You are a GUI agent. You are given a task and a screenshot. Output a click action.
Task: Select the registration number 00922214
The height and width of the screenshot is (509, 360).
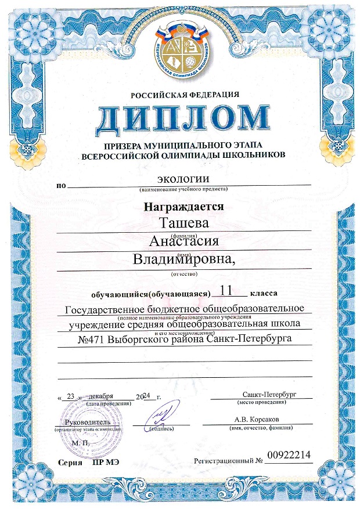point(289,456)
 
